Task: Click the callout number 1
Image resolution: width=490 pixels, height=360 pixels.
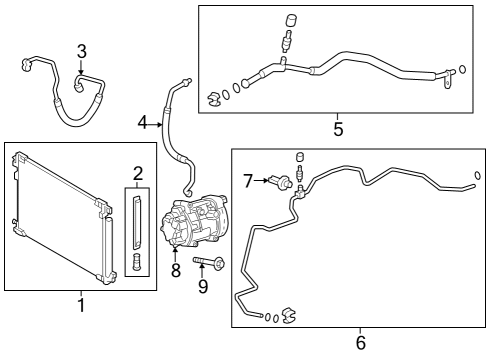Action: pyautogui.click(x=81, y=304)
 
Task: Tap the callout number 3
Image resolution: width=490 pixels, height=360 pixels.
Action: pyautogui.click(x=81, y=50)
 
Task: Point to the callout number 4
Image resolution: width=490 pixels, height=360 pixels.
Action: pyautogui.click(x=143, y=123)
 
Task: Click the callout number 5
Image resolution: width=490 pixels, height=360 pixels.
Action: pyautogui.click(x=337, y=129)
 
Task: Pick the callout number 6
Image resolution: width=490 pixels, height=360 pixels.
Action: pyautogui.click(x=361, y=343)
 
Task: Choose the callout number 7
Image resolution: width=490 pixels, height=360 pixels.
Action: pyautogui.click(x=248, y=180)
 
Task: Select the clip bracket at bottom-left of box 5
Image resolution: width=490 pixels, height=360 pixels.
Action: pyautogui.click(x=214, y=98)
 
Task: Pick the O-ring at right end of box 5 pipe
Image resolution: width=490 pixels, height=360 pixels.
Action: pyautogui.click(x=461, y=71)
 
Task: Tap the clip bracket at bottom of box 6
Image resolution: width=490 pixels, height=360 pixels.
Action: pyautogui.click(x=287, y=317)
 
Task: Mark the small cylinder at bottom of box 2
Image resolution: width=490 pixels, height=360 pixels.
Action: pyautogui.click(x=137, y=264)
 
